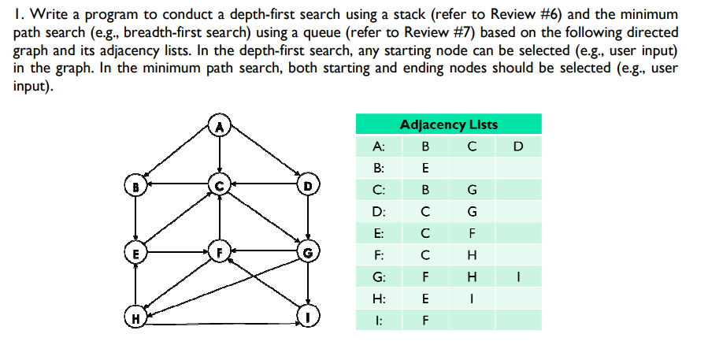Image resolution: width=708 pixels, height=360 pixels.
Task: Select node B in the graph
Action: (x=137, y=187)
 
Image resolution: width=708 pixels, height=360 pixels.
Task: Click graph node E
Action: (x=137, y=254)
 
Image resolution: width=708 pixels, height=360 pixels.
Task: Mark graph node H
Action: (x=137, y=319)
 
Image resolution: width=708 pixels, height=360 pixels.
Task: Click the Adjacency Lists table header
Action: (x=449, y=124)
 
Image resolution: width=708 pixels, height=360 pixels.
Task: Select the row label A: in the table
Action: (x=379, y=146)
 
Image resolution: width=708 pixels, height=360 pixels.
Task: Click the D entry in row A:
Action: (x=517, y=146)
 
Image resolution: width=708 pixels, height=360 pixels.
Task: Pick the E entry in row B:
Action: (x=425, y=168)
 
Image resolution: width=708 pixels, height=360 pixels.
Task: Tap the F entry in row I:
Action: (x=425, y=321)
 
